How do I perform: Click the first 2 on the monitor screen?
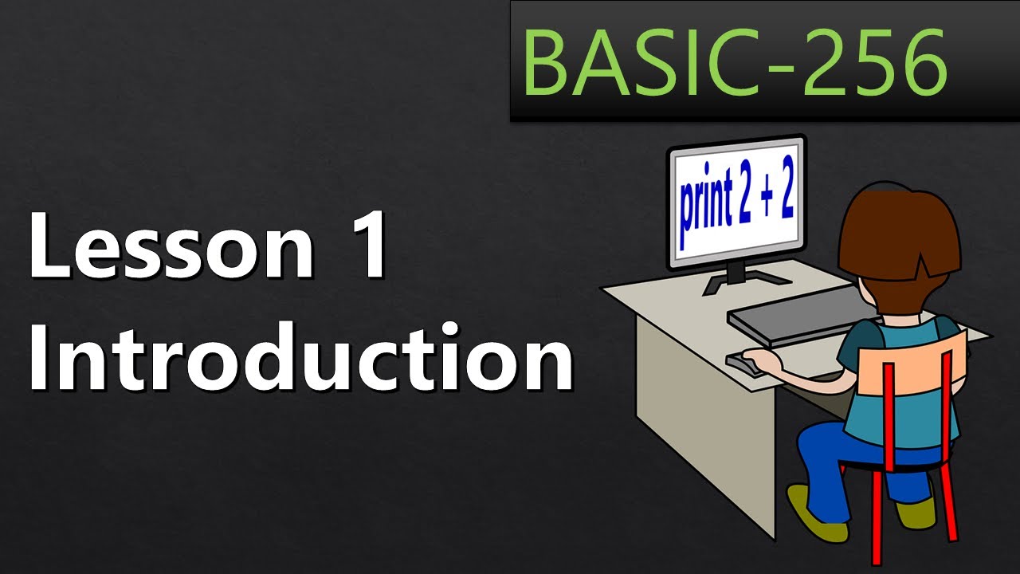pyautogui.click(x=746, y=203)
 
